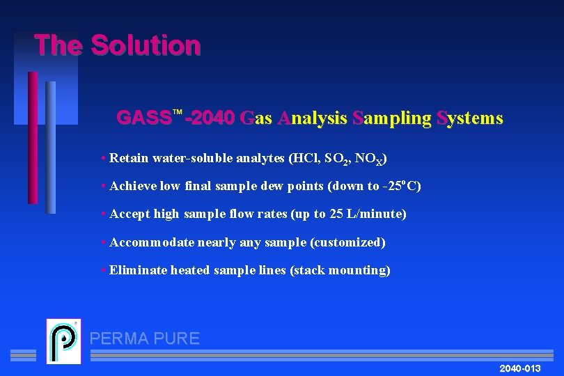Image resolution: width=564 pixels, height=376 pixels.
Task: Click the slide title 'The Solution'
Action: (x=117, y=46)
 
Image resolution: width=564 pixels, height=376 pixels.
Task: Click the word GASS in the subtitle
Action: (x=143, y=118)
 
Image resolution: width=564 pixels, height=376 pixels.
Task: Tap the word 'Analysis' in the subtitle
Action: (x=311, y=118)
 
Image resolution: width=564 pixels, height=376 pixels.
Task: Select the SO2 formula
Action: (x=337, y=159)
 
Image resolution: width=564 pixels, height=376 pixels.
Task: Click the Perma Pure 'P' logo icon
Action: (x=63, y=341)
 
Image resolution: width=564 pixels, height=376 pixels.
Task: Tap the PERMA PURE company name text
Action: (x=145, y=339)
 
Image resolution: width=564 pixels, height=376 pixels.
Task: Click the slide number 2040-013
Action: (x=519, y=368)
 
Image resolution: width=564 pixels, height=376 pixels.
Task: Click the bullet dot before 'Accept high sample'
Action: (x=103, y=214)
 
